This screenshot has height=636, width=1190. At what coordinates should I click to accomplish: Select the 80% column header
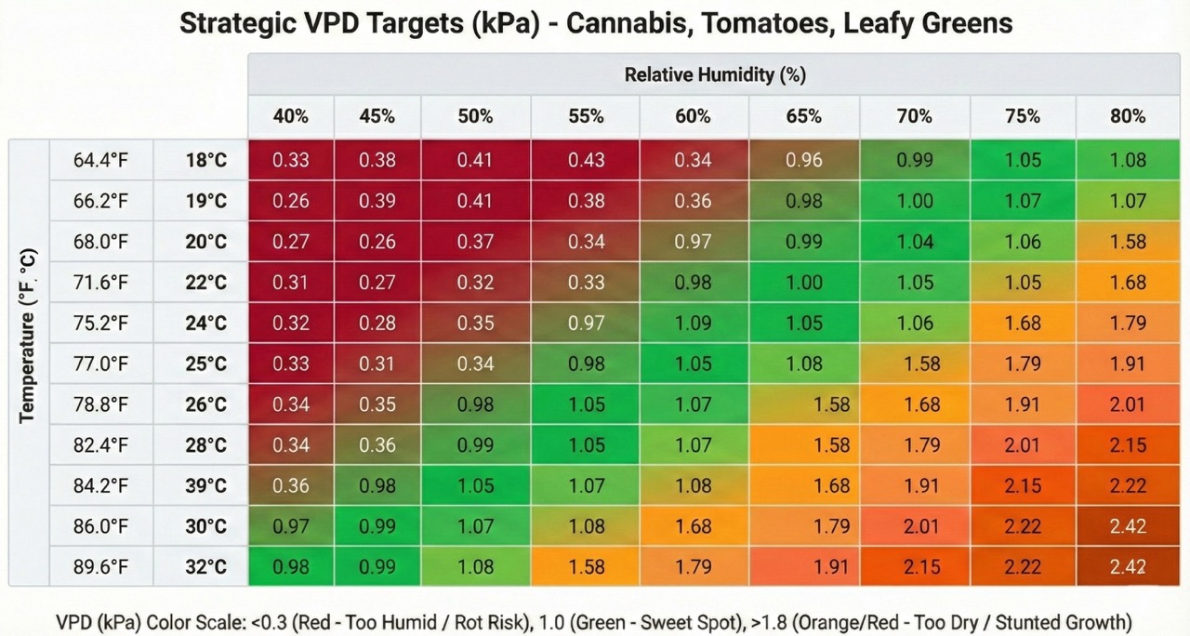coord(1128,116)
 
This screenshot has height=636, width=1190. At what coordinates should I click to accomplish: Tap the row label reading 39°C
coord(205,485)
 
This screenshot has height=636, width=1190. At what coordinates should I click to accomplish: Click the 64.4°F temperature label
coord(100,160)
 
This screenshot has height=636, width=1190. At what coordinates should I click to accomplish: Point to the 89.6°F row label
coord(100,566)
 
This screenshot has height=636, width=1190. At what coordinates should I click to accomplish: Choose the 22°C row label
coord(205,282)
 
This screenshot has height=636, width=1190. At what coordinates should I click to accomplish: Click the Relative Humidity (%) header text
coord(714,74)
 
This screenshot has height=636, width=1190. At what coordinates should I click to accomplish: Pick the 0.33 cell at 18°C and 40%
coord(291,160)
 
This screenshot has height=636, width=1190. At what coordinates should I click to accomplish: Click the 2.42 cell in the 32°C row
coord(1128,566)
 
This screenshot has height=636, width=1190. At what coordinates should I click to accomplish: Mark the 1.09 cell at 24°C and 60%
coord(694,323)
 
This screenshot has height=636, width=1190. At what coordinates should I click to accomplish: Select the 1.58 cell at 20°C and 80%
coord(1128,242)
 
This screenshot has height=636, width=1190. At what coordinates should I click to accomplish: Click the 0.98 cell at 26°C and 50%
coord(475,404)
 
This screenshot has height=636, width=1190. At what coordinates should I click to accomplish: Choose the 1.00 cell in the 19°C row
coord(914,201)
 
